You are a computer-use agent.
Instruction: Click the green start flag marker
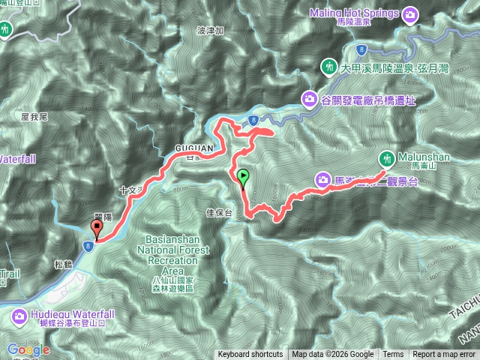pyautogui.click(x=243, y=177)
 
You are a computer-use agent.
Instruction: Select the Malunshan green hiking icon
pyautogui.click(x=387, y=158)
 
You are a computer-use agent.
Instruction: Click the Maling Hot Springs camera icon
pyautogui.click(x=410, y=13)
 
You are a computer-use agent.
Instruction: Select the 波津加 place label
pyautogui.click(x=209, y=31)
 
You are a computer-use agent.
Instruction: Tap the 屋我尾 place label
pyautogui.click(x=35, y=117)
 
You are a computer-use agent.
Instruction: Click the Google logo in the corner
pyautogui.click(x=28, y=349)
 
